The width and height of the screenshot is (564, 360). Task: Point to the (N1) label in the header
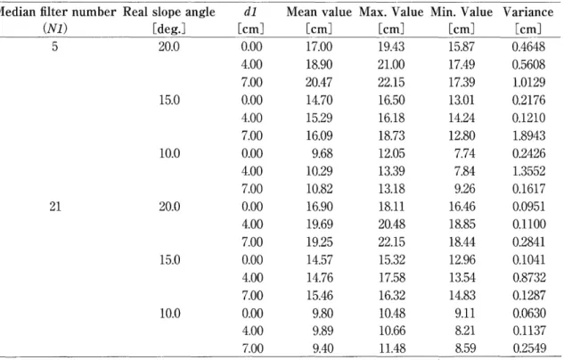[55, 28]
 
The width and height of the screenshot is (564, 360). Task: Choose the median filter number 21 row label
[55, 207]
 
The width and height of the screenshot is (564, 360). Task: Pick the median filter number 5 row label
[54, 46]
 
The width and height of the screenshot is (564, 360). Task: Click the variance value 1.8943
[528, 135]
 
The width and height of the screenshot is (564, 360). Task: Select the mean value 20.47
[319, 82]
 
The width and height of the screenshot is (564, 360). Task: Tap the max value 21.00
[391, 64]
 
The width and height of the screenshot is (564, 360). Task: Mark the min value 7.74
[465, 153]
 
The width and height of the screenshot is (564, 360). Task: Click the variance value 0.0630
[529, 313]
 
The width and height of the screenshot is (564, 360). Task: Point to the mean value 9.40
[323, 348]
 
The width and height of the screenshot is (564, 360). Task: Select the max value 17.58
[392, 277]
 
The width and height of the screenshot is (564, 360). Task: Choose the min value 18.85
[462, 224]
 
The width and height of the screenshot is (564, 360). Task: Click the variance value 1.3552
[528, 171]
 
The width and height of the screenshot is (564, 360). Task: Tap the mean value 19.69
[320, 224]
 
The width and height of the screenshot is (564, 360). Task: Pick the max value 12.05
[391, 153]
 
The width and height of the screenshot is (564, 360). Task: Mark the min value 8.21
[465, 331]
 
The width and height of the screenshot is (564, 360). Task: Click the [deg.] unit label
[169, 28]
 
